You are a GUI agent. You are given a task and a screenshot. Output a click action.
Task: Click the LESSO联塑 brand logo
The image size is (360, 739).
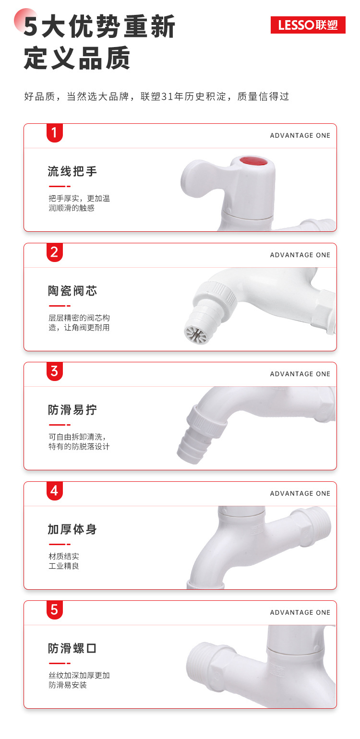308,25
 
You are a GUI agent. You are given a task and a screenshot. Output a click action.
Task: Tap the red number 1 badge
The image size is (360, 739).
54,133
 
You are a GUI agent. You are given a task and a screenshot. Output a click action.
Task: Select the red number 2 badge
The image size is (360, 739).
54,252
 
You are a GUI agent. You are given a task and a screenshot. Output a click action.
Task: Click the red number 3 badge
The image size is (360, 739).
54,371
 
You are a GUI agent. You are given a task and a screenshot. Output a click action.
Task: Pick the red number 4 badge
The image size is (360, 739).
54,491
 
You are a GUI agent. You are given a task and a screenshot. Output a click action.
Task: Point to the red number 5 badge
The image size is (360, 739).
54,610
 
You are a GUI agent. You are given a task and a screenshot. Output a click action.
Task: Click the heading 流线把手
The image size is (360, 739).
72,171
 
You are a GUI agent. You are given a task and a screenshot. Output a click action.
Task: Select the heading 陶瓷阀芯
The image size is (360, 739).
72,291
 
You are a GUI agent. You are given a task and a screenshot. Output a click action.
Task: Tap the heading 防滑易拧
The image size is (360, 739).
72,410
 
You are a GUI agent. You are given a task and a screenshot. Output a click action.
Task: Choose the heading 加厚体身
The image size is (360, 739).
72,529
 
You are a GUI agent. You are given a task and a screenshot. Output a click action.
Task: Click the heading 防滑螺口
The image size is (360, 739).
72,648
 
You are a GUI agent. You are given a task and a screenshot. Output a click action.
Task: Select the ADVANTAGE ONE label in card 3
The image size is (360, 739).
300,374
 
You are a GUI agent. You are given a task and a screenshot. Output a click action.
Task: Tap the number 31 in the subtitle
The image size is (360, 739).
167,96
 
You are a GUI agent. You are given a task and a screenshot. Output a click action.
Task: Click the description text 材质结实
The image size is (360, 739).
64,556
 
